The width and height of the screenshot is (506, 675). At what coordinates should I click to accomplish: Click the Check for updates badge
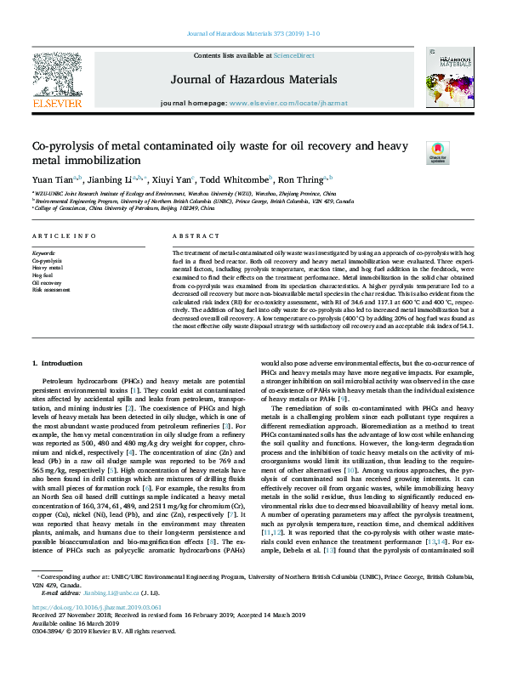(x=436, y=153)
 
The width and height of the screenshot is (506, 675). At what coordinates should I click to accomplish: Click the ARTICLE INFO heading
(x=64, y=235)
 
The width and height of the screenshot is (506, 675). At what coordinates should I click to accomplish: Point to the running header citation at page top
(x=253, y=9)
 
